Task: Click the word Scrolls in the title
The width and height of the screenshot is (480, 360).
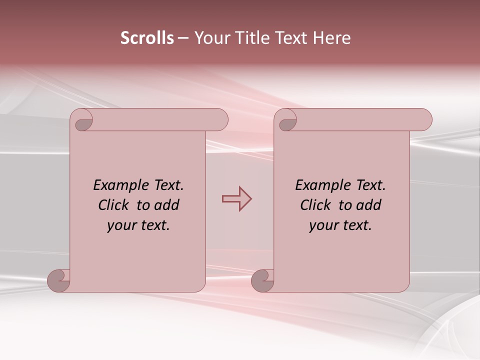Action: point(147,38)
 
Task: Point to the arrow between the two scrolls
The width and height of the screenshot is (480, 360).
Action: point(236,199)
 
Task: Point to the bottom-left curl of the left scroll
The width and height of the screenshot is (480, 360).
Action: point(58,280)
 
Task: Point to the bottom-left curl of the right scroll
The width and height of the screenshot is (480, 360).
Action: point(262,280)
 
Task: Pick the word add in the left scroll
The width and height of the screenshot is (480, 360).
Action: point(167,205)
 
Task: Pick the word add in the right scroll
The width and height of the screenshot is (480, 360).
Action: point(369,205)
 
